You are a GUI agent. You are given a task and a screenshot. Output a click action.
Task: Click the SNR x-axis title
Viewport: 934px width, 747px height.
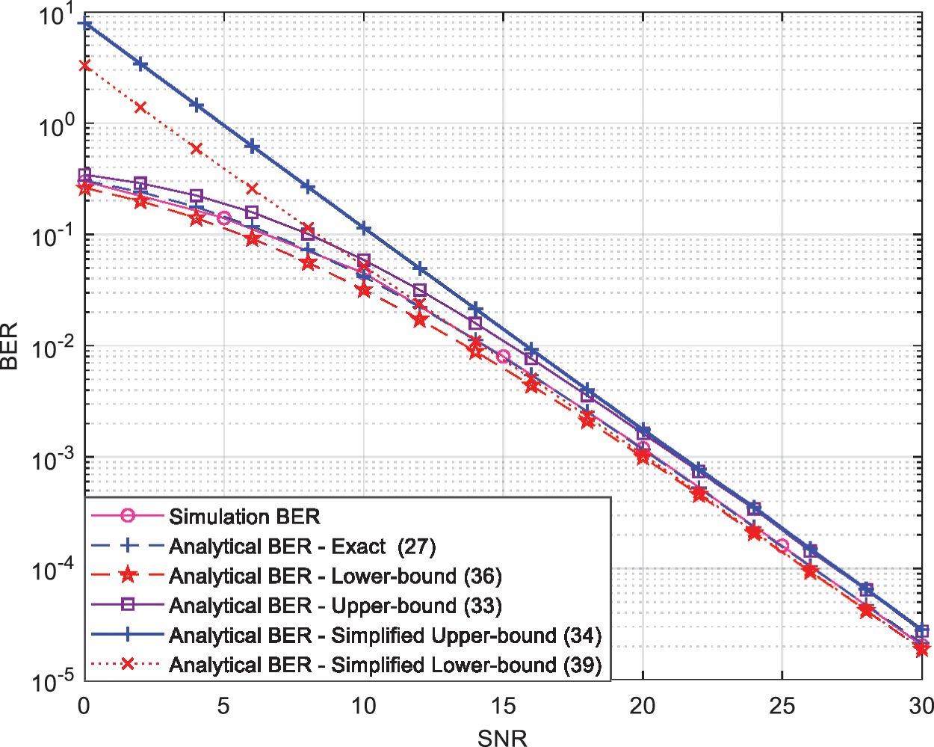tap(502, 738)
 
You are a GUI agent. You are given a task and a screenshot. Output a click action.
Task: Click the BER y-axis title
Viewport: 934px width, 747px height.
tap(10, 345)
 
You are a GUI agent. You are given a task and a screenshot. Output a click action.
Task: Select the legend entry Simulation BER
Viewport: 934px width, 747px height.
tap(244, 517)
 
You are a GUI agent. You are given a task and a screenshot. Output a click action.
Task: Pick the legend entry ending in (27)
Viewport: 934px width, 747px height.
tap(302, 547)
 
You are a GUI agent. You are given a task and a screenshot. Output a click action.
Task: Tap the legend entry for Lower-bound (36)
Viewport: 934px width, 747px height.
tap(335, 576)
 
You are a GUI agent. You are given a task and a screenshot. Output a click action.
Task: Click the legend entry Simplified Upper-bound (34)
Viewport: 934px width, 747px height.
tap(385, 636)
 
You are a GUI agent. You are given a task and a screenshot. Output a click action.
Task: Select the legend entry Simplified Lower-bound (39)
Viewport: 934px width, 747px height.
tap(385, 665)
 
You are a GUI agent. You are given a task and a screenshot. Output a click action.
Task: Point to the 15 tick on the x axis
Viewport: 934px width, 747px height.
tap(503, 706)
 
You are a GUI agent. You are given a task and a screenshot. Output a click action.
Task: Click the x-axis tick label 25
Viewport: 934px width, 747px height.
tap(782, 706)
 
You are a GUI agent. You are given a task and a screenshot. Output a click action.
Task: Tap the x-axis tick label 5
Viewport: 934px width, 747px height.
tap(223, 706)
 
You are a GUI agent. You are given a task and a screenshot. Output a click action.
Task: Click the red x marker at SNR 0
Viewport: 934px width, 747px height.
tap(84, 66)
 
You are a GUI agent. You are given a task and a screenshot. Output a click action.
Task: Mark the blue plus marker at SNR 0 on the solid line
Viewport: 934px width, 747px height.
tap(84, 24)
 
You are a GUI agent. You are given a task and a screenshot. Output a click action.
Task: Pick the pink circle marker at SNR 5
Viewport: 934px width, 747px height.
tap(223, 218)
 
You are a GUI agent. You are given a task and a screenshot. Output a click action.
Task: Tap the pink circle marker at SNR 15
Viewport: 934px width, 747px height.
tap(503, 357)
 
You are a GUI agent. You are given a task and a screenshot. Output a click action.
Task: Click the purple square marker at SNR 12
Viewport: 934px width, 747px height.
tap(419, 290)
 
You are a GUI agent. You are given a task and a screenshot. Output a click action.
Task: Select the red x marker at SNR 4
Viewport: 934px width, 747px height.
tap(196, 149)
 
